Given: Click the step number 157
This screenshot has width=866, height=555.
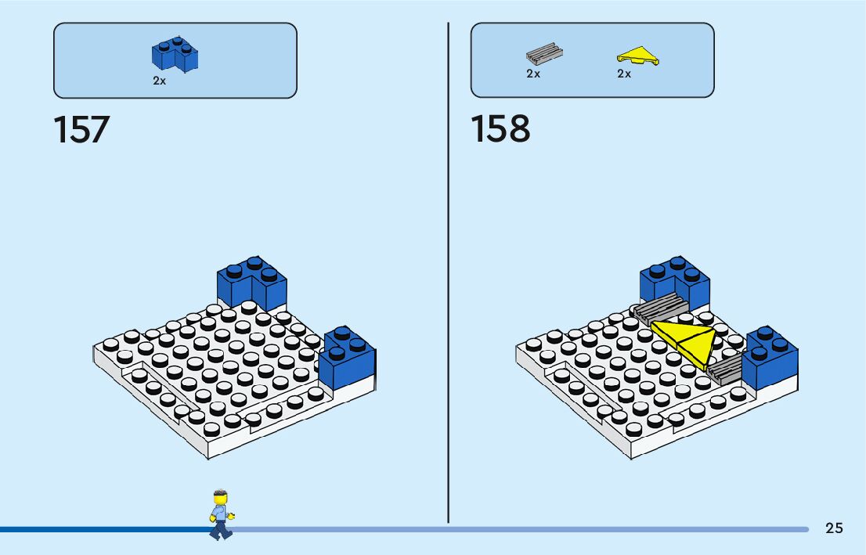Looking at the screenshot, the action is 81,130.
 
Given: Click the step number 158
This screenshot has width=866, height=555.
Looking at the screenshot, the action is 500,130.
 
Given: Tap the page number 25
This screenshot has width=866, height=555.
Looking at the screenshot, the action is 834,528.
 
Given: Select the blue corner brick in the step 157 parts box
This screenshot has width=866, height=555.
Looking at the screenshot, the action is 175,55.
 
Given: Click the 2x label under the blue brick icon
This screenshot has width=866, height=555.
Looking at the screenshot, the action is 160,81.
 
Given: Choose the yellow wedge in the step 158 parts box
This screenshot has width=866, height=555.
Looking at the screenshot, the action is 637,56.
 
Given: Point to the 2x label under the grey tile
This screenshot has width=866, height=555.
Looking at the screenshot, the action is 533,74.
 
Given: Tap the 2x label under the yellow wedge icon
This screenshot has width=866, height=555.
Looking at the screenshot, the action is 624,74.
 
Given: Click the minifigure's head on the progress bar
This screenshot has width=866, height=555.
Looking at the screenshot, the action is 221,499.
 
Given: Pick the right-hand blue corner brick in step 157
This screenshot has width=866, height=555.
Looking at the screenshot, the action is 348,359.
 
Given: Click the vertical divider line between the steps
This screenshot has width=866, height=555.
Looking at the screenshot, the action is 448,274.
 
